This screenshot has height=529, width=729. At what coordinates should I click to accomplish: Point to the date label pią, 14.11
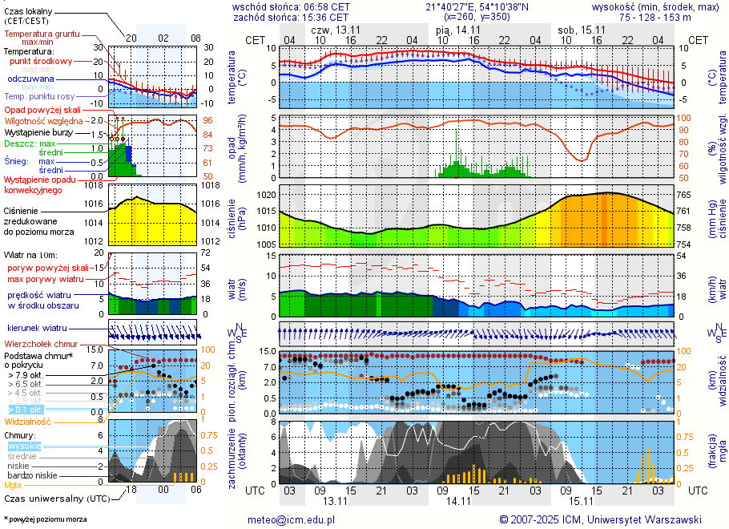[458, 30]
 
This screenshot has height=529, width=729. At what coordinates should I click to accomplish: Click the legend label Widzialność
[27, 421]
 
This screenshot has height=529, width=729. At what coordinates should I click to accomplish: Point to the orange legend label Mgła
[13, 485]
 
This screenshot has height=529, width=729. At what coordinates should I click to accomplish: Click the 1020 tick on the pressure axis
[267, 195]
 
